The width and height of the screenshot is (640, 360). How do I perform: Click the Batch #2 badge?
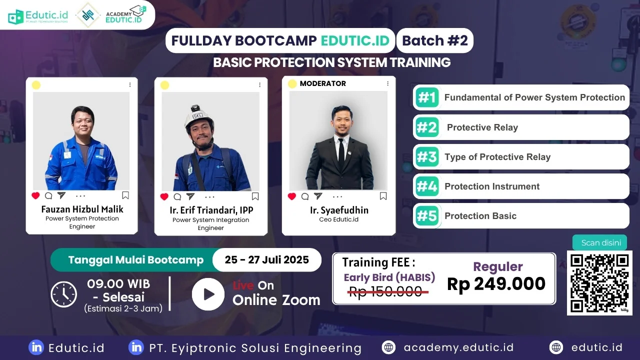(435, 40)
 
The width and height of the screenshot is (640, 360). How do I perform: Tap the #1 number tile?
(427, 97)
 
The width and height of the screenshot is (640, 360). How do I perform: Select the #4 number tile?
(427, 186)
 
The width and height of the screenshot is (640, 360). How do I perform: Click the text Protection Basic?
(480, 215)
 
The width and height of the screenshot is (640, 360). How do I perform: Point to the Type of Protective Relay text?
(497, 157)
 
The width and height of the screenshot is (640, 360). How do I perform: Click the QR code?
(599, 283)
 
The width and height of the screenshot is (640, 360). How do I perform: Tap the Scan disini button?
(599, 242)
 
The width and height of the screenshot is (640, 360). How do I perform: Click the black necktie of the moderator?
(341, 154)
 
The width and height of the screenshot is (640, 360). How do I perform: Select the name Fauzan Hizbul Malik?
(82, 209)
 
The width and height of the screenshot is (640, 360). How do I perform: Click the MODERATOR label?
(323, 83)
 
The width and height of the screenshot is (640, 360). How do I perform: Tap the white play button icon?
(208, 294)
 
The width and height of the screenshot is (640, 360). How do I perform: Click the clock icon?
(63, 294)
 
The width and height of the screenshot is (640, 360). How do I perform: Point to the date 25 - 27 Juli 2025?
(267, 259)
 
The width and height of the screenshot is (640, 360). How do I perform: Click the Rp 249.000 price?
(496, 284)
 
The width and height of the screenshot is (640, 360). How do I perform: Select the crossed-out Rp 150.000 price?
(385, 291)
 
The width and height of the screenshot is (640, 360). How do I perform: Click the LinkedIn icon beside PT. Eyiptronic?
(136, 347)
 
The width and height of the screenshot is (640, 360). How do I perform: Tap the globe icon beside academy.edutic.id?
(388, 347)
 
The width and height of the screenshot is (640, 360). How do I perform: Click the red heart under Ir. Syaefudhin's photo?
(291, 196)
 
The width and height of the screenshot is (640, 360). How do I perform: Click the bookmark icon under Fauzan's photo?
(125, 195)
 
